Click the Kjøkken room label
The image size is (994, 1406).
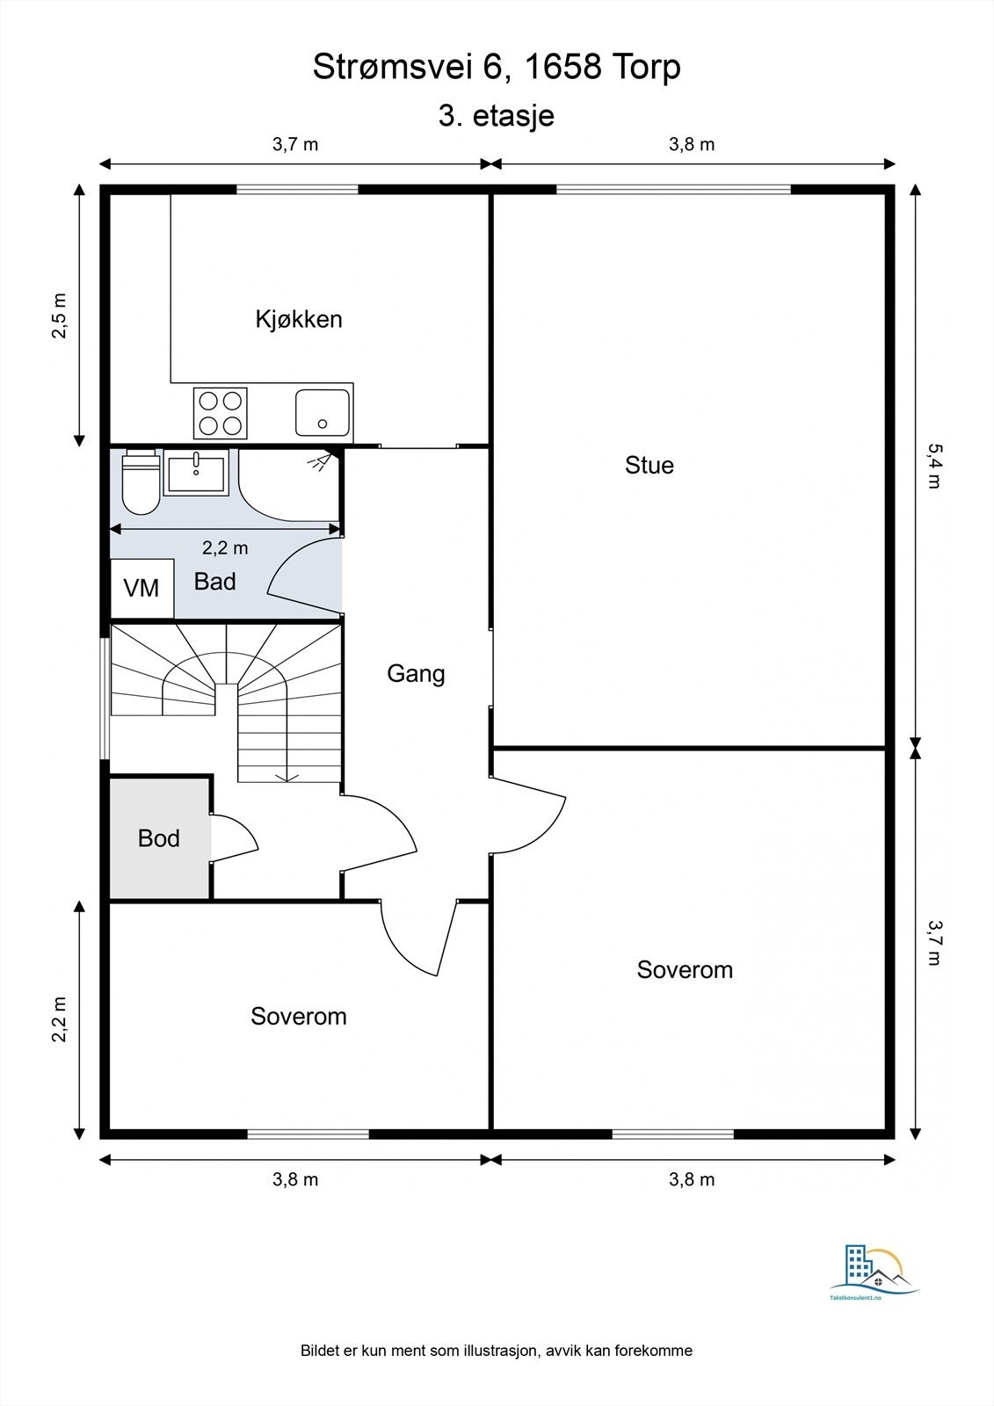pyautogui.click(x=298, y=320)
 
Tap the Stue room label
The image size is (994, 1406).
pyautogui.click(x=649, y=465)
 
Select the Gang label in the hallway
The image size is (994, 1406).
pyautogui.click(x=416, y=674)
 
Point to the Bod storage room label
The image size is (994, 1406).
pyautogui.click(x=159, y=838)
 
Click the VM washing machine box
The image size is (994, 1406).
pyautogui.click(x=142, y=588)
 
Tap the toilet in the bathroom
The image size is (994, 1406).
pyautogui.click(x=140, y=482)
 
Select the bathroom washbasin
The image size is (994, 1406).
pyautogui.click(x=196, y=475)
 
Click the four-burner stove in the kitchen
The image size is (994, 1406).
pyautogui.click(x=221, y=413)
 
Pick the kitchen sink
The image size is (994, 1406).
pyautogui.click(x=323, y=412)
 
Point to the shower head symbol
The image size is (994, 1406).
pyautogui.click(x=320, y=461)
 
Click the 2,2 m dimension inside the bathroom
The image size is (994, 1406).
pyautogui.click(x=225, y=548)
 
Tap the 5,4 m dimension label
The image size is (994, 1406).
pyautogui.click(x=934, y=466)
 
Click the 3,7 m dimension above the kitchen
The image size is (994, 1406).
pyautogui.click(x=295, y=144)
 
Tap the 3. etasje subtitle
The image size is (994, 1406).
pyautogui.click(x=496, y=116)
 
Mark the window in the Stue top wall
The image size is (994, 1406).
pyautogui.click(x=673, y=189)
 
